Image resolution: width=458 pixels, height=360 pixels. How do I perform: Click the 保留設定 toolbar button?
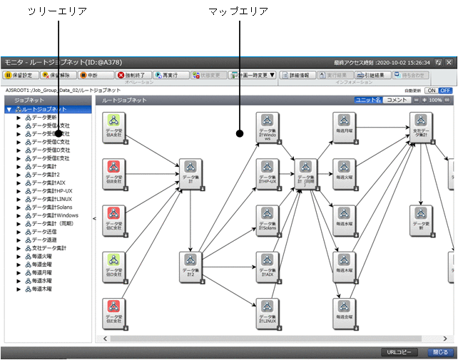(x=19, y=74)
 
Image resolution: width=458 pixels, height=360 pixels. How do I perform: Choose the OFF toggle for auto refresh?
(x=445, y=91)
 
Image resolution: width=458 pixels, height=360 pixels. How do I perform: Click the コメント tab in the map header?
(x=397, y=101)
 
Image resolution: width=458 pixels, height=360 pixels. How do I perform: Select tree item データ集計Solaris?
(x=54, y=207)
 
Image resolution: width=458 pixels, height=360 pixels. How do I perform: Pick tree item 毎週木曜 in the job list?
(x=42, y=289)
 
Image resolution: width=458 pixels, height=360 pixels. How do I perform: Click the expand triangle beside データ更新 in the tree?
(x=19, y=117)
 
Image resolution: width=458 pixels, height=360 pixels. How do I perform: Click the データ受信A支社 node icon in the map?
(x=114, y=123)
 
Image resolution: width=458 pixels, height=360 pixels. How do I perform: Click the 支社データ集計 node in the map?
(x=422, y=123)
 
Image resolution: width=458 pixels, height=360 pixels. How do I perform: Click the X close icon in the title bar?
(x=449, y=63)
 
